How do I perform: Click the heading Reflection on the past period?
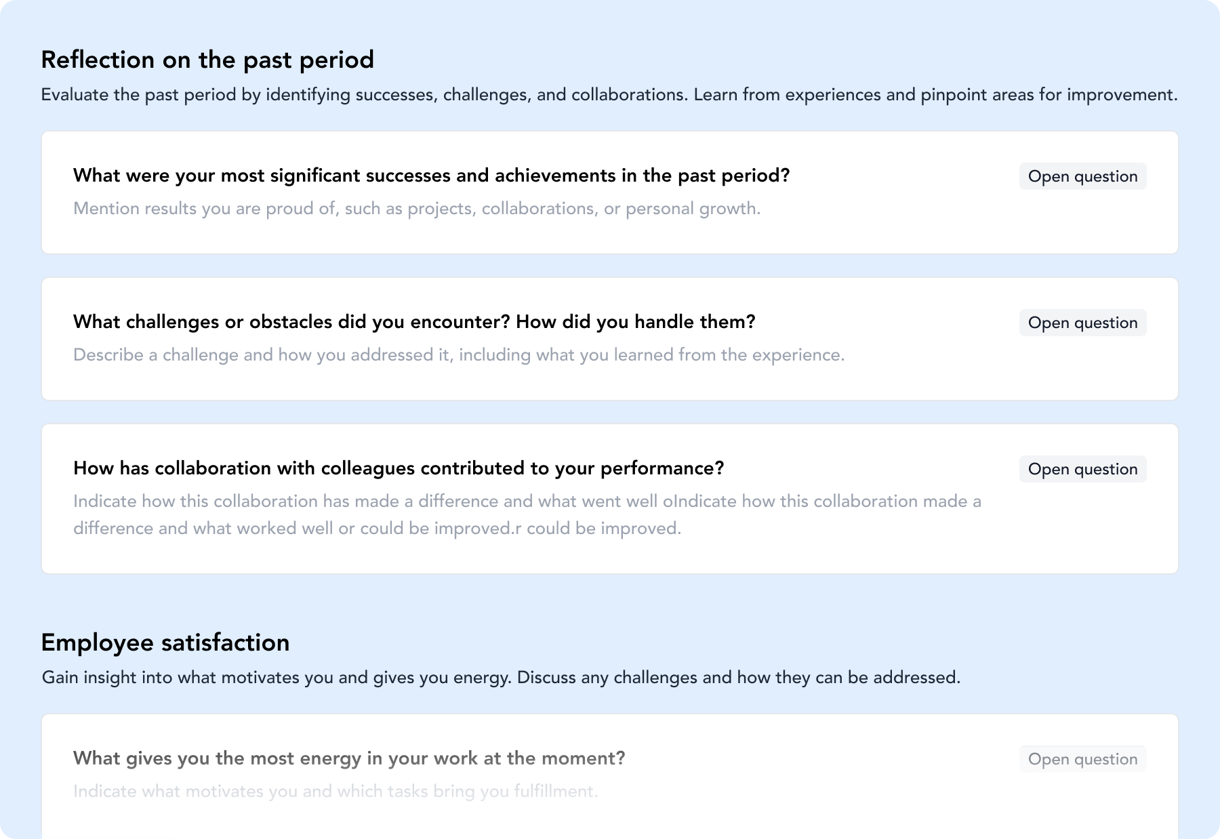coord(207,60)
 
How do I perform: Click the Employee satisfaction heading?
coord(165,642)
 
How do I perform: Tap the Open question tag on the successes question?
coord(1082,176)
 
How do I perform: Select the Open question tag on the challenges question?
coord(1082,323)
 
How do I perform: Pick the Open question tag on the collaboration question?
coord(1082,469)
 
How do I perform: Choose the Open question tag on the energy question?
coord(1082,759)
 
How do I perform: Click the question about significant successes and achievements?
coord(432,176)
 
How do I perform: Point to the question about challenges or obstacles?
coord(414,322)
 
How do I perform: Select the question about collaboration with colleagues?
coord(399,468)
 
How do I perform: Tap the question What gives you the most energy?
coord(349,758)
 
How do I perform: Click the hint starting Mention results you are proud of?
coord(417,209)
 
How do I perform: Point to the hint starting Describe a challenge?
coord(459,355)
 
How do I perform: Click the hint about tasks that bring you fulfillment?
coord(335,792)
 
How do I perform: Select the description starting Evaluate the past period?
coord(609,95)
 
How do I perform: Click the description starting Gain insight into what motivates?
coord(501,678)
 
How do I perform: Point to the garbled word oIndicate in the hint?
coord(699,502)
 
